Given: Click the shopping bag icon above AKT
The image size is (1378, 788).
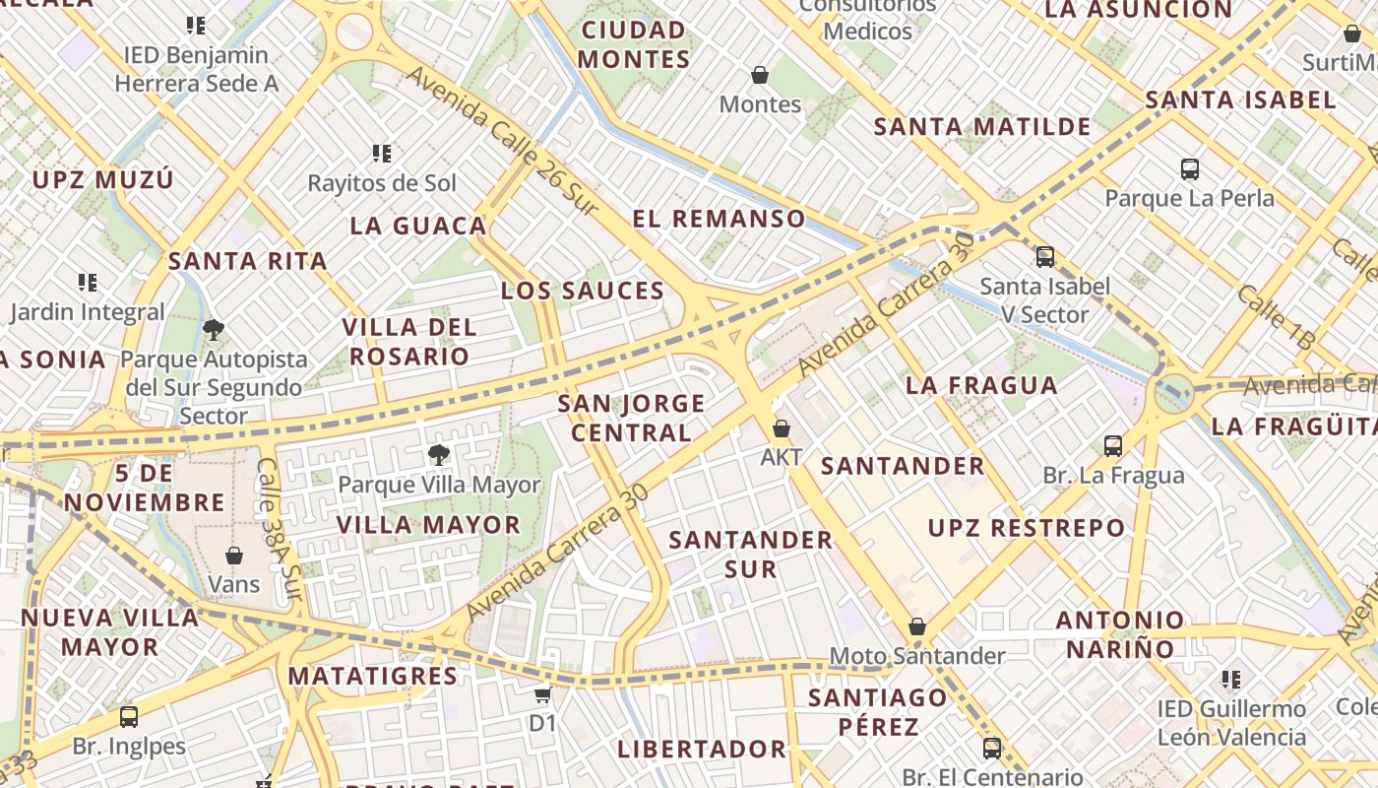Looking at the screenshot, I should point(781,428).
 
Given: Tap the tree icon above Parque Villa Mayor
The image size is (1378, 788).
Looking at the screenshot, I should point(439,454).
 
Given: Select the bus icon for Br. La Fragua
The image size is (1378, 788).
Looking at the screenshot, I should point(1113,446).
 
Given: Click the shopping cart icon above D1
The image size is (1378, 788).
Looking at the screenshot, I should point(542,694).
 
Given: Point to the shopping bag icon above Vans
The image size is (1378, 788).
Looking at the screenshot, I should point(234,556).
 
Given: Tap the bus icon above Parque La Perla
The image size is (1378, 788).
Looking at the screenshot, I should point(1189,168).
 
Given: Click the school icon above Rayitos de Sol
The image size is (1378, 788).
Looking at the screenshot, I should point(382,153).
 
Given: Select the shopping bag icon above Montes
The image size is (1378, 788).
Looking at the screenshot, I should point(760,75).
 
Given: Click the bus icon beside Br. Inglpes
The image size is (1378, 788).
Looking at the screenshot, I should point(129,716).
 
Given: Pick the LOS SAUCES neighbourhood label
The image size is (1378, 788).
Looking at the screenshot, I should point(583,291).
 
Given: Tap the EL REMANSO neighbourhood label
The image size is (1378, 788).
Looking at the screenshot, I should point(719,219).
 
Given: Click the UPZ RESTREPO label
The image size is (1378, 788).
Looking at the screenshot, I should point(1027,528).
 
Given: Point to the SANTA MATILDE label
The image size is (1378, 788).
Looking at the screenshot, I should point(982,127).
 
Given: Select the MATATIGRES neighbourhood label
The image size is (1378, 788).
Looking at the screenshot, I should point(372,677).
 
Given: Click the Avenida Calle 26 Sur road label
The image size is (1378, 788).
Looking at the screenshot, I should point(502,140).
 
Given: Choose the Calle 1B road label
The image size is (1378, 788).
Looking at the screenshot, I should point(1276,317).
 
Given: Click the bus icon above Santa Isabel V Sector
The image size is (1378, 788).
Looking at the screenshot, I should point(1044,257).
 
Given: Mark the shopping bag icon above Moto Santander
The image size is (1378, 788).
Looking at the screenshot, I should point(917,626).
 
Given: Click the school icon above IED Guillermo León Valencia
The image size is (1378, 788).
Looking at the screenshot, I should point(1230,679).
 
